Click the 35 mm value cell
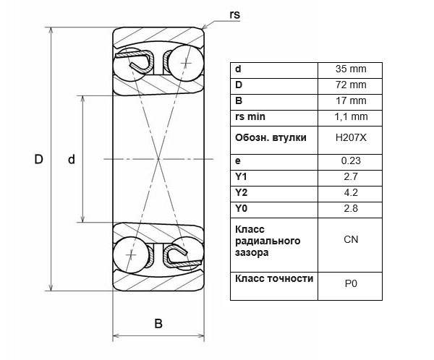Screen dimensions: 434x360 [x=351, y=69]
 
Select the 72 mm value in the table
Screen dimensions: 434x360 [x=351, y=85]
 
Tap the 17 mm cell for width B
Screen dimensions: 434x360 [x=351, y=100]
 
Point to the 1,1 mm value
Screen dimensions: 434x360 [x=351, y=117]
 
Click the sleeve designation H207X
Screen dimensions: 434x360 [x=351, y=137]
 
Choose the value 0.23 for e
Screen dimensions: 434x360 [x=351, y=160]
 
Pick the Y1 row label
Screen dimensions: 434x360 [x=241, y=176]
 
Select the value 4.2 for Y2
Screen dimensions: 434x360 [x=351, y=192]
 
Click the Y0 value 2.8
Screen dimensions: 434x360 [x=351, y=208]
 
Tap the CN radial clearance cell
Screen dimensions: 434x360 [x=351, y=239]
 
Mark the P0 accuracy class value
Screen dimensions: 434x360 [x=351, y=283]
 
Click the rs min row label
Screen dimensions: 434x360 [x=250, y=117]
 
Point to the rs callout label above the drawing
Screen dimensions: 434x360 [x=234, y=14]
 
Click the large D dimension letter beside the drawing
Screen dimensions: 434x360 [x=39, y=159]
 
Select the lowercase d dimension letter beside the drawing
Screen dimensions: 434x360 [x=72, y=159]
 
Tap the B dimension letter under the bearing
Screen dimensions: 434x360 [x=158, y=323]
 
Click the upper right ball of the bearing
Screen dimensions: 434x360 [x=186, y=64]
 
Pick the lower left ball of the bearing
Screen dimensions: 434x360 [x=131, y=254]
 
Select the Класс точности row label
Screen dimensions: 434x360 [x=274, y=278]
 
